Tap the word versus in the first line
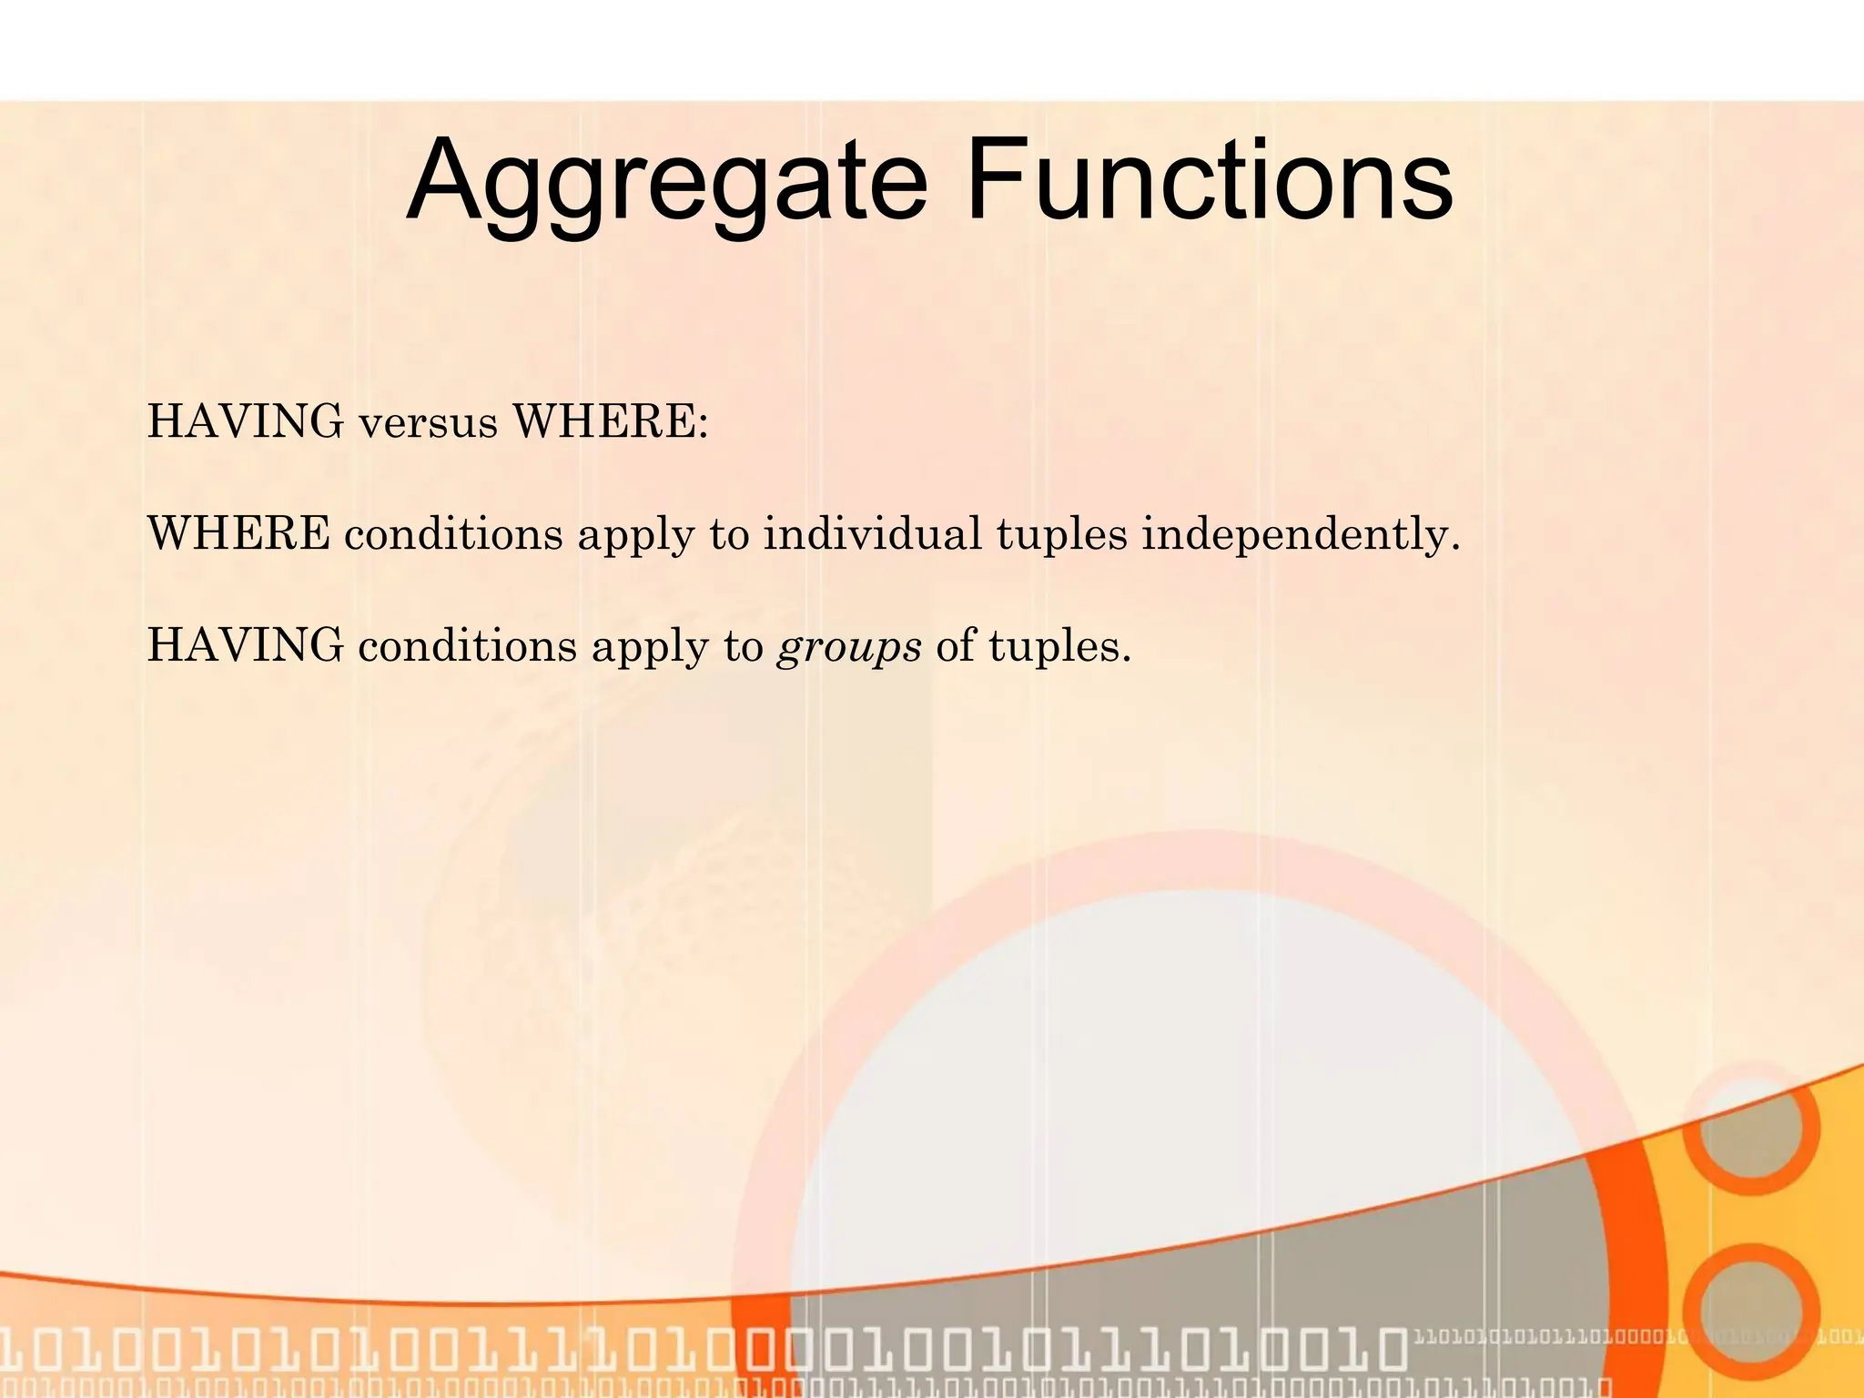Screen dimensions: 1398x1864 [428, 423]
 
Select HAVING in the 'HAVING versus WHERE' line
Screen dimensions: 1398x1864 [246, 421]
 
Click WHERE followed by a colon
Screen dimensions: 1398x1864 [610, 421]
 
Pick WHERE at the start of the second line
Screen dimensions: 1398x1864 [238, 533]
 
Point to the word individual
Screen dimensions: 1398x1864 [872, 533]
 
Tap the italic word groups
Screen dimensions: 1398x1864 [848, 649]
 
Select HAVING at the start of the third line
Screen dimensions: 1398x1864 [246, 645]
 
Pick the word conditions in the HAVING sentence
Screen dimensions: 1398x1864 [468, 646]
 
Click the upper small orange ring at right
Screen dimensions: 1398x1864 [1749, 1130]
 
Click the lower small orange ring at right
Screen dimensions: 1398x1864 [1749, 1311]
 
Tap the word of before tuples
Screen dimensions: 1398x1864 [955, 646]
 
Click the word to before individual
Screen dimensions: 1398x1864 [729, 535]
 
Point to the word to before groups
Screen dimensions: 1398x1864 [743, 647]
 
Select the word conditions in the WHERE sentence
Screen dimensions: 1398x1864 [453, 534]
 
